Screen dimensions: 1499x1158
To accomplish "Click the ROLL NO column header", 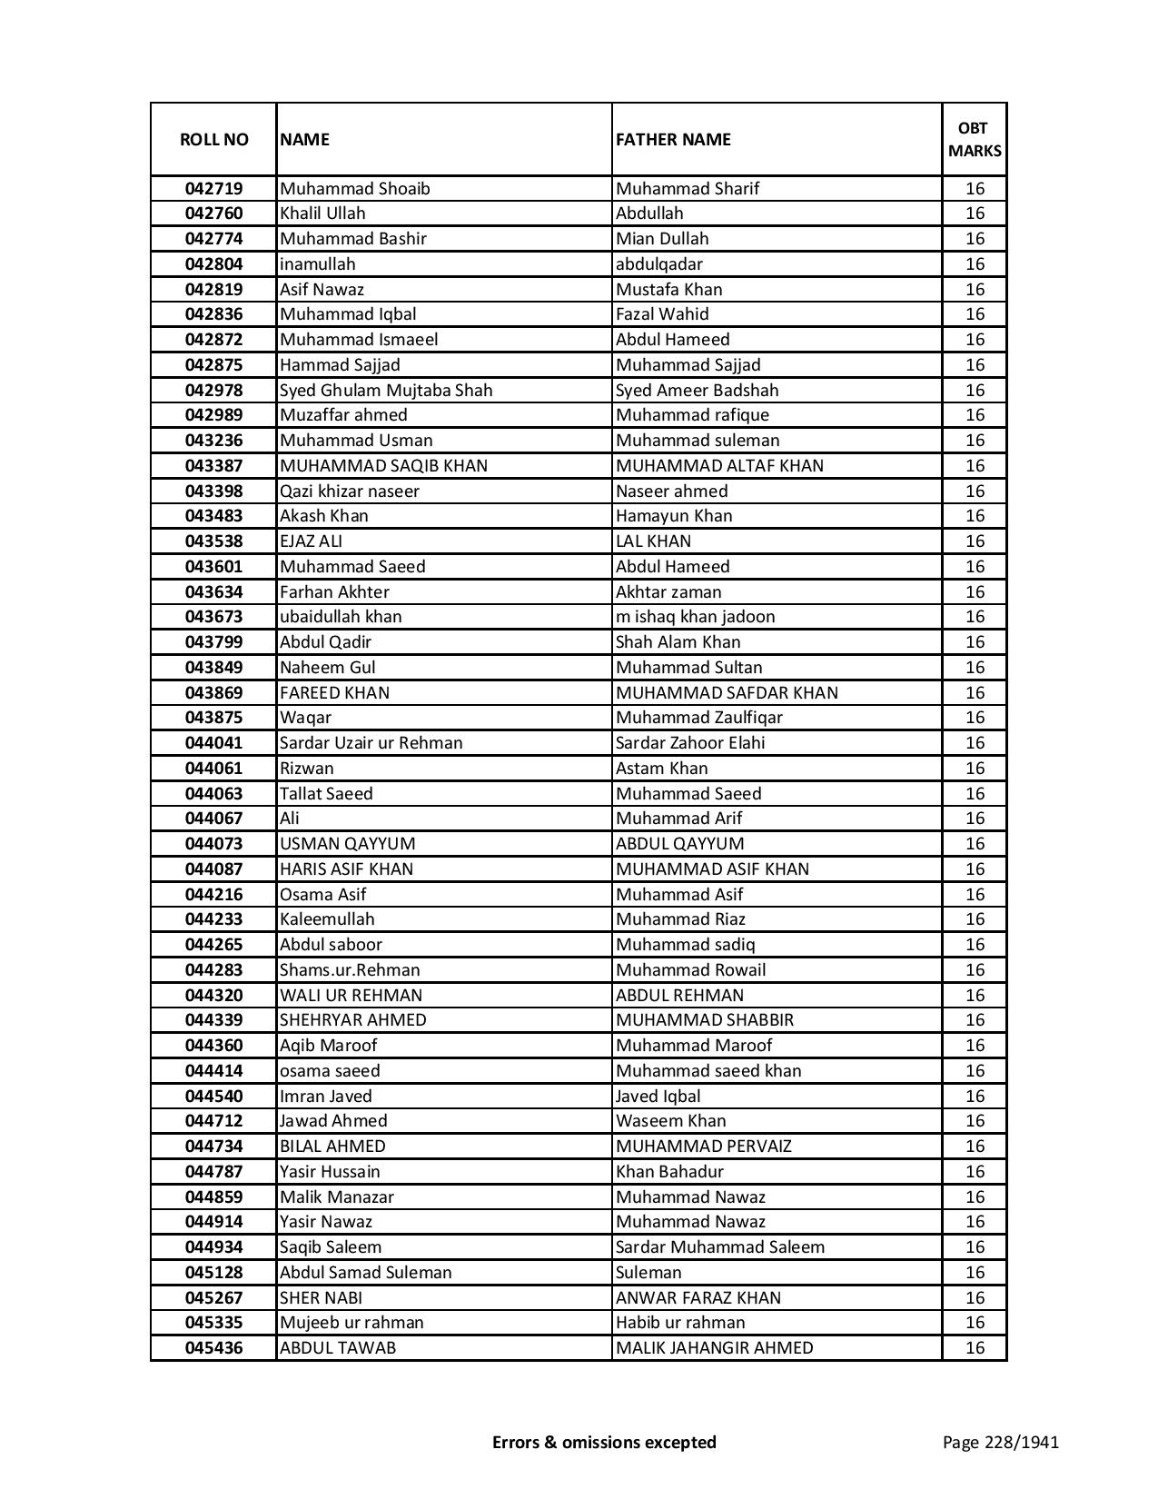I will tap(213, 139).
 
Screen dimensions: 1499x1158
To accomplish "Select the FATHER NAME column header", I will tap(673, 139).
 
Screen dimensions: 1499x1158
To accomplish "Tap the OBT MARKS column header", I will tap(974, 139).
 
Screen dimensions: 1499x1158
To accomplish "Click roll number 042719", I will tap(213, 189).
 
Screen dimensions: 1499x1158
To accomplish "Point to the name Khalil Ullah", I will tap(322, 213).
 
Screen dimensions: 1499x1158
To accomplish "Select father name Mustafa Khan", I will tap(668, 289).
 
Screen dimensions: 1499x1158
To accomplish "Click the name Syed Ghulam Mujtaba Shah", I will tap(386, 390).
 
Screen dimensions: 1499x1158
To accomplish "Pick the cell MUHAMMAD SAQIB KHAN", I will tap(383, 465).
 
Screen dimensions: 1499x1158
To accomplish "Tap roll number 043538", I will tap(213, 541).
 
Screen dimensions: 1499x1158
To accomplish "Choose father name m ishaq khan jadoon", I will tap(695, 617).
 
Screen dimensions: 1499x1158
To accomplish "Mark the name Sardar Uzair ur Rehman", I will tap(371, 743).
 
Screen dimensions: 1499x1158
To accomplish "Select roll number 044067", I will tap(213, 819).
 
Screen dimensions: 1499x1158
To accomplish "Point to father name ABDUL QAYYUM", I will tap(679, 844).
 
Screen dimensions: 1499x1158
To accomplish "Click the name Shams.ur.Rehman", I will tap(350, 970).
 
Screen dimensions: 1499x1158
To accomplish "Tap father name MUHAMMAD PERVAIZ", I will tap(703, 1147).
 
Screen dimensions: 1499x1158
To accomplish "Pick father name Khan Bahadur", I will tap(669, 1172).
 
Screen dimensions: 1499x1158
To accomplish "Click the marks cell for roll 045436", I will tap(974, 1348).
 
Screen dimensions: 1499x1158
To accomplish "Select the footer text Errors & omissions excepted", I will tap(604, 1442).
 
